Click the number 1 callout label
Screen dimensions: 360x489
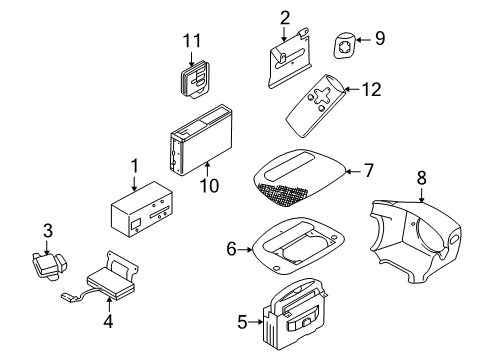[x=133, y=165]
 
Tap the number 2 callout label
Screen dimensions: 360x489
[x=284, y=16]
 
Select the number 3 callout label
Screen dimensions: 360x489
[x=46, y=231]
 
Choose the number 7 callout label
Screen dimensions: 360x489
[x=369, y=170]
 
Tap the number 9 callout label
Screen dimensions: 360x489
[x=379, y=39]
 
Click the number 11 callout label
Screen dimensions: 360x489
[x=192, y=40]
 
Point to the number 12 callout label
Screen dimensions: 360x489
[x=372, y=89]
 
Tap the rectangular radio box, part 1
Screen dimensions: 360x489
[x=142, y=214]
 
